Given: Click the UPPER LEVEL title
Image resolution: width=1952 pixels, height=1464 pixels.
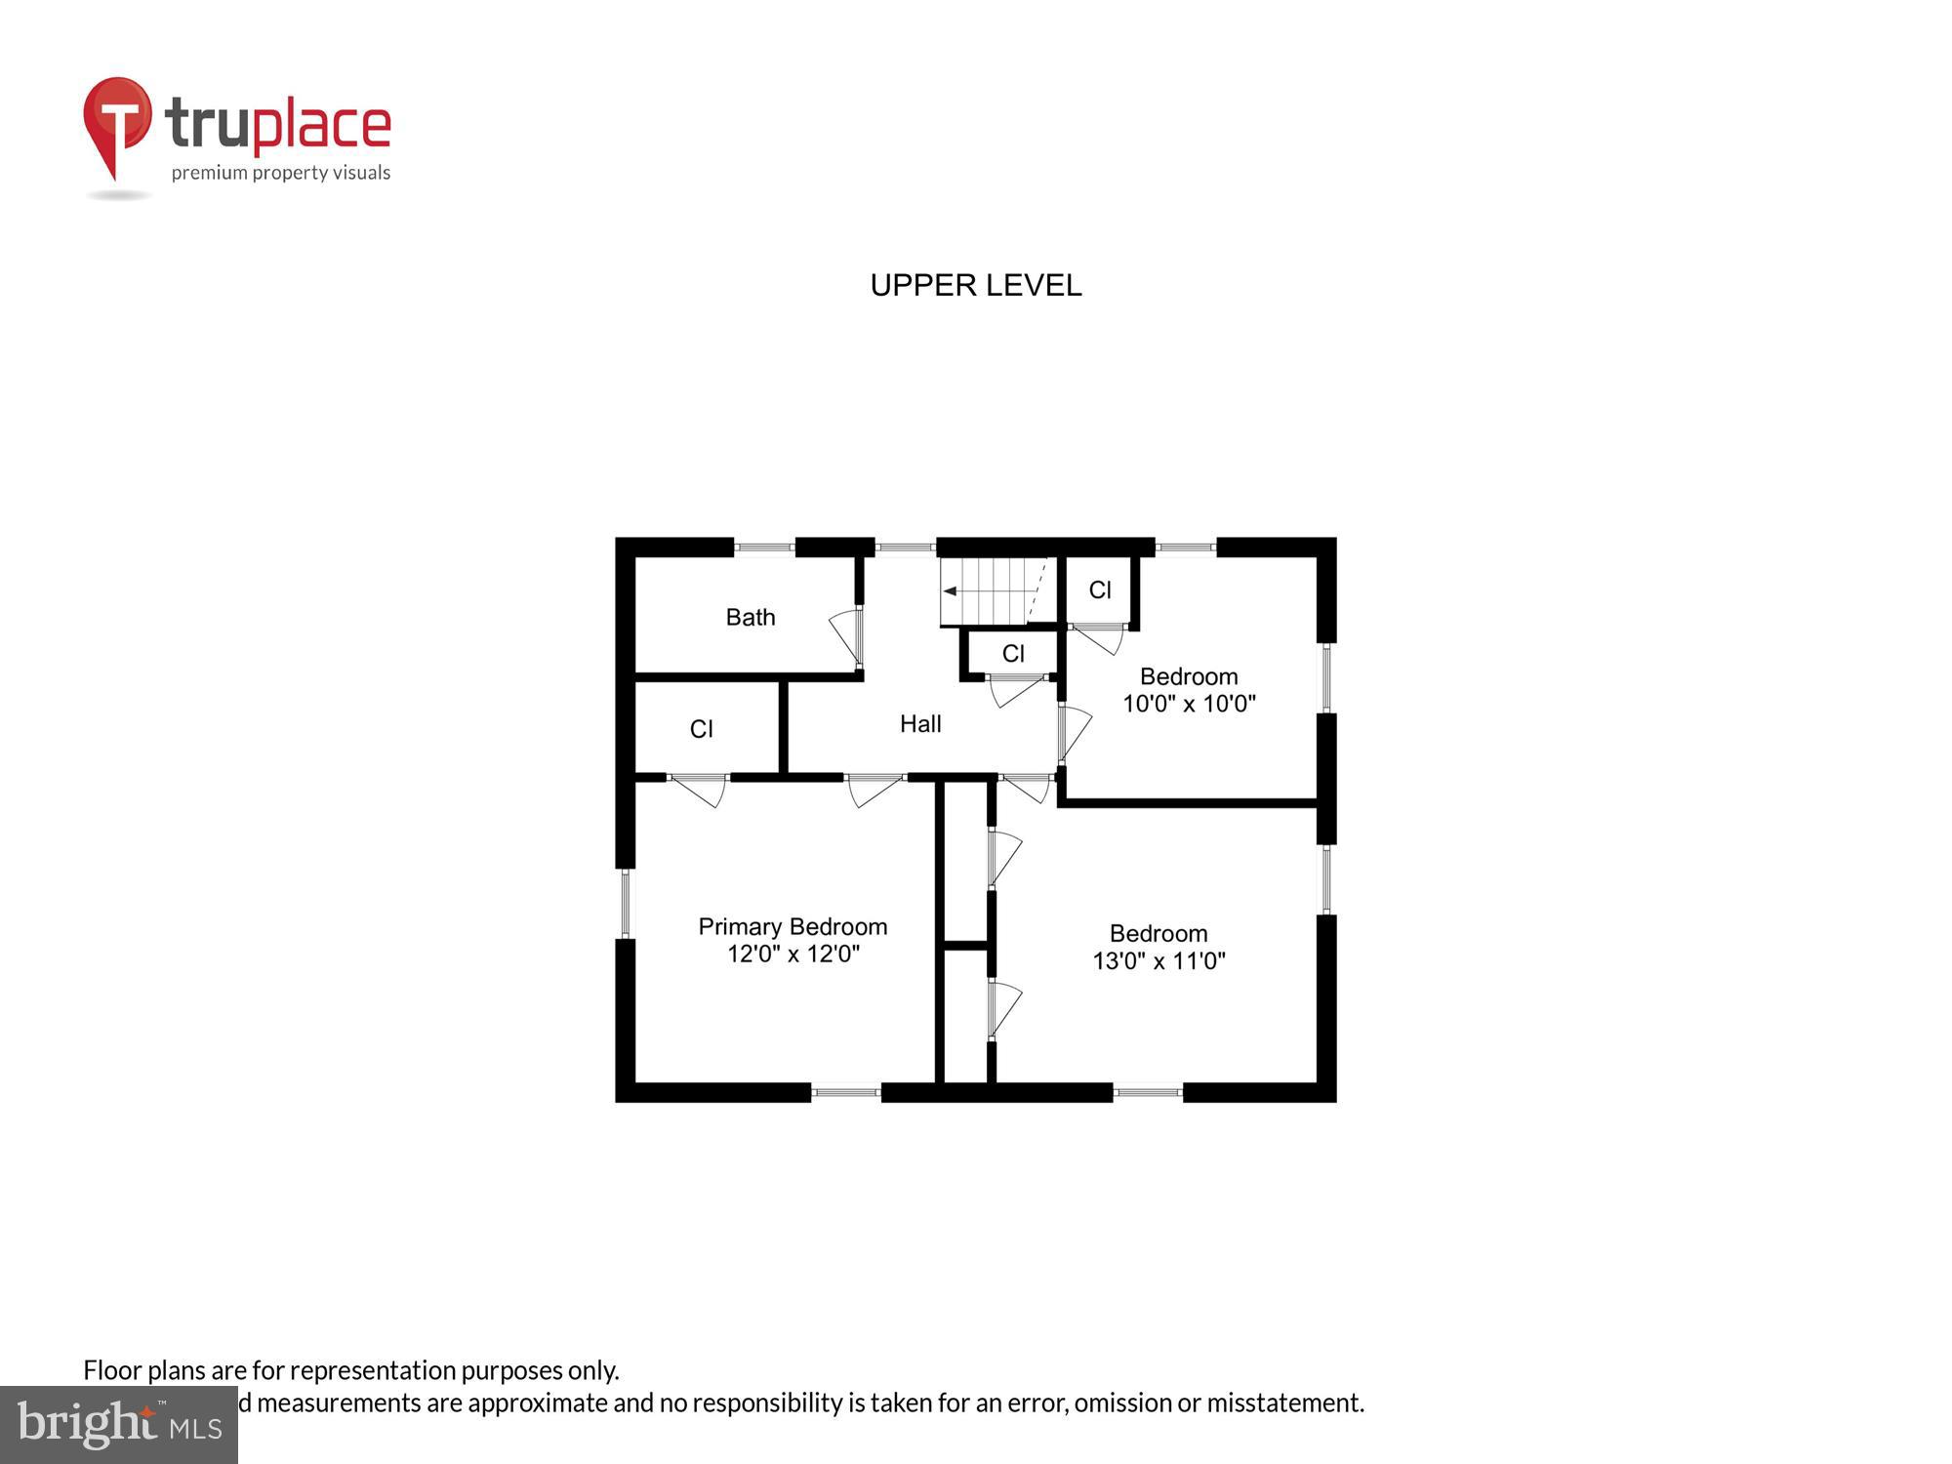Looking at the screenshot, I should click(975, 285).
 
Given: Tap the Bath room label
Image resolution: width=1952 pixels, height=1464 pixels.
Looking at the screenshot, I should click(750, 617).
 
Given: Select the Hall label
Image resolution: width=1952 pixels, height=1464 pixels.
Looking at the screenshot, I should click(919, 723).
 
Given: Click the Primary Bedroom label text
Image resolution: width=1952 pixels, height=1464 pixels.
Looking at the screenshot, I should click(793, 926).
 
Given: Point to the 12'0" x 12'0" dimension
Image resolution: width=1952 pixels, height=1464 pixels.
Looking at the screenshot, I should click(793, 954).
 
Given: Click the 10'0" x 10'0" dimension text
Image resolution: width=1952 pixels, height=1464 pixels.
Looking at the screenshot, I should click(1188, 704).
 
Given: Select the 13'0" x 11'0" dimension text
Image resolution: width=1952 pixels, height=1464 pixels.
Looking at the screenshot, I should click(1159, 960).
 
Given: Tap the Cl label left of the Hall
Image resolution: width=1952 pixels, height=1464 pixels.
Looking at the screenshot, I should click(701, 729).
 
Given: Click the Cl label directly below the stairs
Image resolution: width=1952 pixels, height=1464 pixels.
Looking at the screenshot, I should click(1013, 654).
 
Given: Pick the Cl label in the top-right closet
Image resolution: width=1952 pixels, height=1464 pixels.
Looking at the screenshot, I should click(1099, 590).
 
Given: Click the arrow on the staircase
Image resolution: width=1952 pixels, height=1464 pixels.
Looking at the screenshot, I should click(950, 590).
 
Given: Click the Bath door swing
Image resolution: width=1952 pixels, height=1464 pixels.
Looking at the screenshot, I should click(846, 634).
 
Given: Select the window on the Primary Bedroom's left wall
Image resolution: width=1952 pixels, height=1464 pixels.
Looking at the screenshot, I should click(626, 903).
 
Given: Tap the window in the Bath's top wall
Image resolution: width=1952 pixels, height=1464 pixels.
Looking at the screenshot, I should click(764, 548).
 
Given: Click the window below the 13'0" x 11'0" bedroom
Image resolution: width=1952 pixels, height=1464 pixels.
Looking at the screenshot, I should click(1147, 1092).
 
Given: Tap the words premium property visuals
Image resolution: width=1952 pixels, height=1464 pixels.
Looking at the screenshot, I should click(281, 174).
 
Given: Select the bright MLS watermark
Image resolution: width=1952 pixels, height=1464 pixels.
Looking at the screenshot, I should click(119, 1425).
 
